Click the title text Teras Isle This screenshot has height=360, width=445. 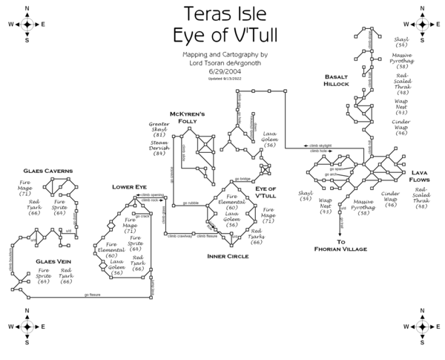(222, 14)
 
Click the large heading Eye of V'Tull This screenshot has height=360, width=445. (222, 36)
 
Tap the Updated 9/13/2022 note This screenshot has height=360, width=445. (222, 78)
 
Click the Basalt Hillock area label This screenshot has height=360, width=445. (336, 80)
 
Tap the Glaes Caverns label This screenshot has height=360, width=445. (47, 171)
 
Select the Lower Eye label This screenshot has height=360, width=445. (130, 187)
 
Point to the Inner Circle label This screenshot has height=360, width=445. (228, 256)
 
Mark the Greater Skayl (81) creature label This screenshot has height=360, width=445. (159, 129)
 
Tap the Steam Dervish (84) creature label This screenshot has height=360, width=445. (159, 148)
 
